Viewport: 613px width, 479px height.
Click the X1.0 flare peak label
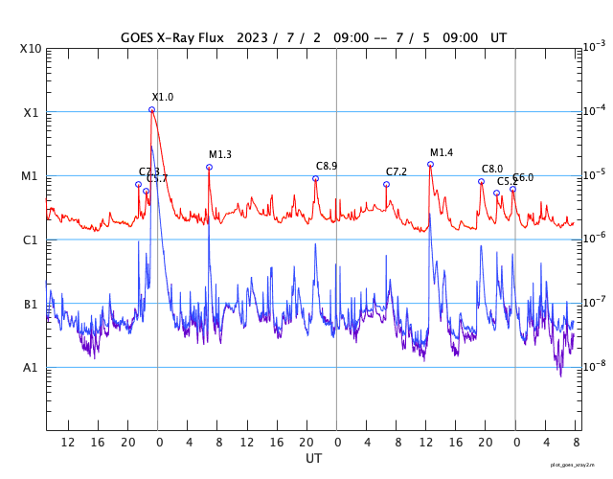click(x=163, y=98)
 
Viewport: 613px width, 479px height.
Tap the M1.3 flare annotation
click(x=220, y=155)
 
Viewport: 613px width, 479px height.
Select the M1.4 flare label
click(x=442, y=153)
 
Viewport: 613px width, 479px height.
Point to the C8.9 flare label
click(x=327, y=167)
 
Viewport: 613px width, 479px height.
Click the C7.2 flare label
click(x=397, y=172)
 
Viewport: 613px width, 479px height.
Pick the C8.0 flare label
click(x=492, y=170)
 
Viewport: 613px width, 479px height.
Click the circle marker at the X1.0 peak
click(x=152, y=110)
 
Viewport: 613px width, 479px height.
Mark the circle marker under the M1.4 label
click(x=430, y=165)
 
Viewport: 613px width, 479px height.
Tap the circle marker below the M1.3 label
click(x=209, y=168)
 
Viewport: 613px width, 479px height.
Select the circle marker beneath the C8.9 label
click(x=315, y=179)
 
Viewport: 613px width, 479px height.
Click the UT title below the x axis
click(x=314, y=459)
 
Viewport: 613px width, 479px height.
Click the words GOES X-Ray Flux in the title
click(x=172, y=38)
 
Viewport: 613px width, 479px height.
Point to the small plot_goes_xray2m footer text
click(x=579, y=464)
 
